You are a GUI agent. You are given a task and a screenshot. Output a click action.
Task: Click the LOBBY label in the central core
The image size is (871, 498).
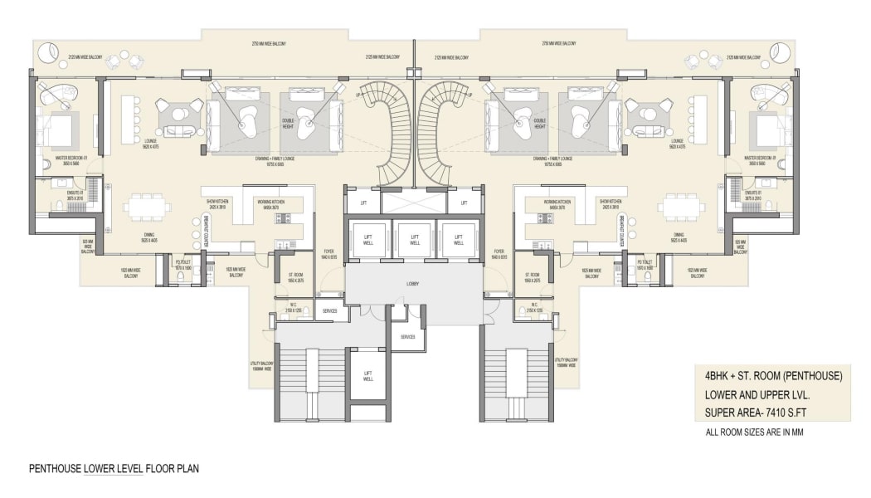tap(413, 284)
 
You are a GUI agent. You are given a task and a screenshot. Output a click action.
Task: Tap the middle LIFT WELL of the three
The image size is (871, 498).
tap(415, 241)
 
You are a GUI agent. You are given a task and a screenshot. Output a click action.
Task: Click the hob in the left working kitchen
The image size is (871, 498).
tap(281, 218)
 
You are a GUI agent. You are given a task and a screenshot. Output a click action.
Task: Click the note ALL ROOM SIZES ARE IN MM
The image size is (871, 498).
tap(754, 432)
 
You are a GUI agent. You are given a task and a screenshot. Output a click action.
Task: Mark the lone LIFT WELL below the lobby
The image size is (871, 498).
tap(367, 376)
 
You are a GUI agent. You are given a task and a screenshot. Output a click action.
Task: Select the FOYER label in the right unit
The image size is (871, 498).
tap(499, 254)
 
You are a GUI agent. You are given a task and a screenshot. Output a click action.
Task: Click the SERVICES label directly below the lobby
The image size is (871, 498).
tap(407, 337)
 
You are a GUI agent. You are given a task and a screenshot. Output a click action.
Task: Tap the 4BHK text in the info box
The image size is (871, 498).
tap(718, 376)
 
